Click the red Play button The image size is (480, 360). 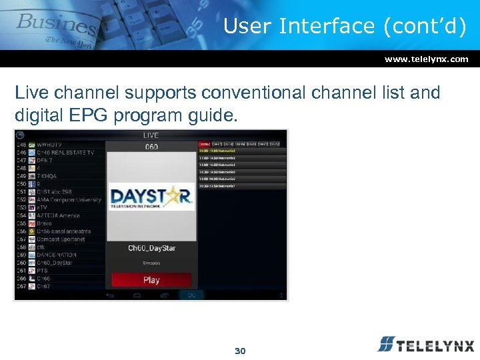click(151, 280)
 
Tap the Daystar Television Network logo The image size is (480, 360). click(151, 198)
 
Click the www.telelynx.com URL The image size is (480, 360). click(426, 59)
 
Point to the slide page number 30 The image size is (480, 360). click(240, 351)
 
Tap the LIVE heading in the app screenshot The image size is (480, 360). click(151, 135)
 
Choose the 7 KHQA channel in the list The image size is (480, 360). click(50, 176)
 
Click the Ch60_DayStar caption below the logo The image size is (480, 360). click(151, 248)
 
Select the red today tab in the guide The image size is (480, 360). click(204, 143)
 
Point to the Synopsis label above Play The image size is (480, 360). click(151, 263)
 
